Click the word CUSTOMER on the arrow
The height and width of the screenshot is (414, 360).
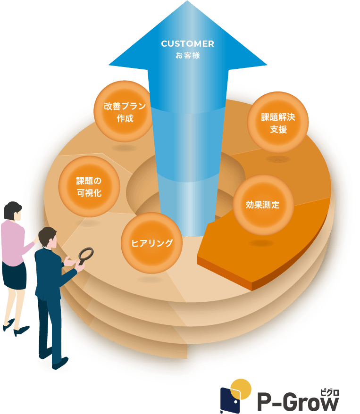pos(187,44)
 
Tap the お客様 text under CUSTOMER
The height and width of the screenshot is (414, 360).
pos(187,56)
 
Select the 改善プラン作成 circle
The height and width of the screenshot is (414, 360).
pos(125,111)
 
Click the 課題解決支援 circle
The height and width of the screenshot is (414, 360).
pos(278,123)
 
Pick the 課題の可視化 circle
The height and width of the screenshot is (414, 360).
pos(89,187)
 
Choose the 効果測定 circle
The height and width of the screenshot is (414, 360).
pos(263,205)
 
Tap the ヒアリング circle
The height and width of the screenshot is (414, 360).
pos(151,243)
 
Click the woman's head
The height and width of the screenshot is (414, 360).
pos(13,212)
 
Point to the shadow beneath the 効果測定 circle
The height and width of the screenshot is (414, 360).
pos(261,243)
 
